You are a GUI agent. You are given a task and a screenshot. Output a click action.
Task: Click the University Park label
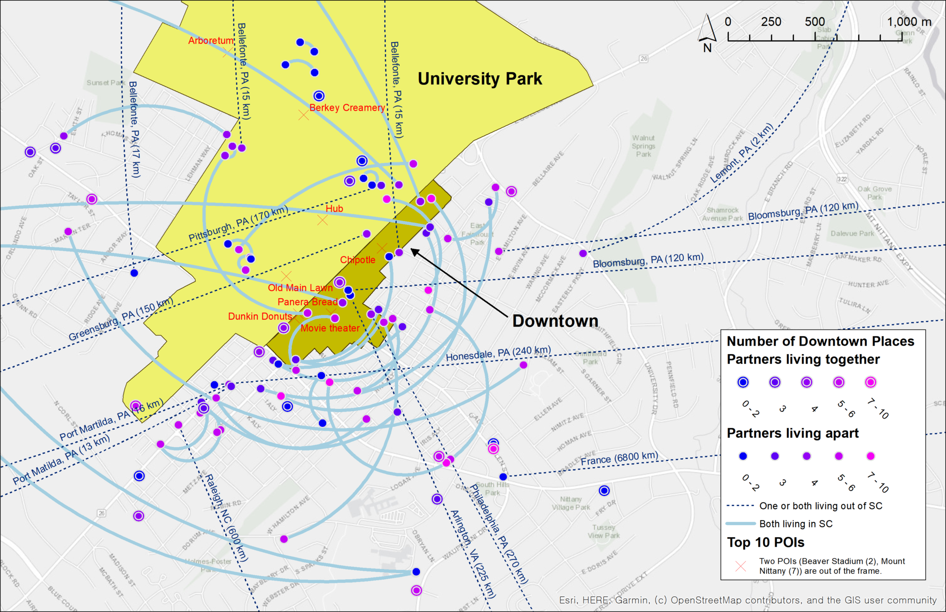(x=479, y=78)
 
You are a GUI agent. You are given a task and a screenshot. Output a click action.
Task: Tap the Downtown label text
(x=555, y=321)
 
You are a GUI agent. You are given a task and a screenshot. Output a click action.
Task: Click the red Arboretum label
(x=211, y=41)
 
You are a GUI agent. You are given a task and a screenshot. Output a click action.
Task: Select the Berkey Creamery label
(x=347, y=108)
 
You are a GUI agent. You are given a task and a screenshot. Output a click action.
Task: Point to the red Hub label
(x=334, y=209)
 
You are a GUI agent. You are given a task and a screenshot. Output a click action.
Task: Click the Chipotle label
(x=358, y=260)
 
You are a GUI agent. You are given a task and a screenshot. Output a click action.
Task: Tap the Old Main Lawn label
(x=300, y=288)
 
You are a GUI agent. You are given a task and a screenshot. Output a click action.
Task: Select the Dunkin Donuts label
(x=260, y=317)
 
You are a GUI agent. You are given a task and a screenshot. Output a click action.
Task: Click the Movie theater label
(x=330, y=328)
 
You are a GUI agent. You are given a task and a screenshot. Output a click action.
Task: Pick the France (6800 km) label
(x=619, y=459)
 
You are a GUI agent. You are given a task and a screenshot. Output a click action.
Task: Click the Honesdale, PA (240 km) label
(x=498, y=354)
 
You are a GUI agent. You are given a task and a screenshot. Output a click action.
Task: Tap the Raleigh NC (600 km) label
(x=227, y=517)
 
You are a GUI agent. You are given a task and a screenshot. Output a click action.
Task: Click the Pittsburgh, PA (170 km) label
(x=238, y=223)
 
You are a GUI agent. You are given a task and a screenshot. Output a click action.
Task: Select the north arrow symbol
(x=707, y=32)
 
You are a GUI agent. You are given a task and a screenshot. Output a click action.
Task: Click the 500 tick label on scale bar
(x=814, y=22)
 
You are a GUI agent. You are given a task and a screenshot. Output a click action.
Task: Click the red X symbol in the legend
(x=740, y=566)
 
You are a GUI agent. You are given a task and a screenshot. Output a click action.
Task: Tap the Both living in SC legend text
(x=796, y=524)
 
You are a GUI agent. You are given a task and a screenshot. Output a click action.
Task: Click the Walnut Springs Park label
(x=643, y=146)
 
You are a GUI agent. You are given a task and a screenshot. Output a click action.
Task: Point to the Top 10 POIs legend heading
(x=766, y=542)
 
